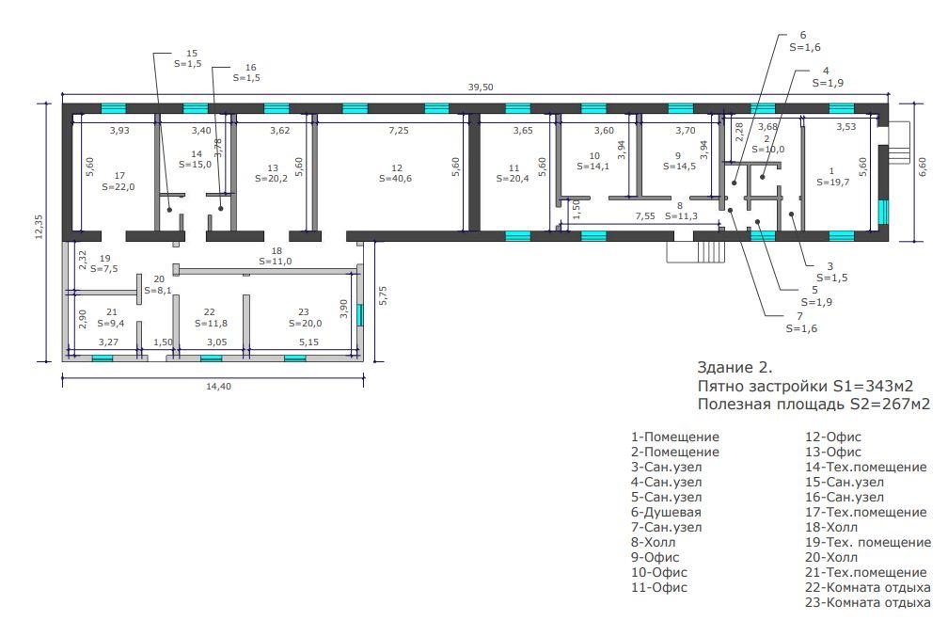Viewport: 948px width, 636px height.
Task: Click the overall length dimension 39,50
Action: [480, 87]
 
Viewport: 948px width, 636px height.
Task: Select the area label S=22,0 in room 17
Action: [118, 187]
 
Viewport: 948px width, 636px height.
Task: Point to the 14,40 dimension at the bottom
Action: [218, 387]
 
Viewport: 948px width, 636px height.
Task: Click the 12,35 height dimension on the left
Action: [39, 227]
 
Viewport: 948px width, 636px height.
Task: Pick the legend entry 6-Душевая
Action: [666, 512]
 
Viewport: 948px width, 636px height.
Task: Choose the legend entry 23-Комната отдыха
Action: [867, 602]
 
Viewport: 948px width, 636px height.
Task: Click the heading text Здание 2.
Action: [735, 367]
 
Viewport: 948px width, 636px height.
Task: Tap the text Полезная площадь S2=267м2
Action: [814, 404]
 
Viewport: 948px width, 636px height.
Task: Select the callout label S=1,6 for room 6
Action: [805, 47]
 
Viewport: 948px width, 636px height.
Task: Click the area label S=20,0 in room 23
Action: [306, 323]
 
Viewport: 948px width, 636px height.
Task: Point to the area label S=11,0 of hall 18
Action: [275, 262]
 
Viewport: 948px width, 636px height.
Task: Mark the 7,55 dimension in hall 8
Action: [644, 215]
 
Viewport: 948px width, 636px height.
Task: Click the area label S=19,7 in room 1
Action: [832, 182]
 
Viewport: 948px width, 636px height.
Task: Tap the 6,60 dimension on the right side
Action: [922, 167]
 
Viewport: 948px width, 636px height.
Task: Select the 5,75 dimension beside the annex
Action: [382, 295]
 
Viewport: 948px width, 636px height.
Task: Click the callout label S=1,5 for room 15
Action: [187, 63]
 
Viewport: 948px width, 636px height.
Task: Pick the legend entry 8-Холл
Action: [653, 542]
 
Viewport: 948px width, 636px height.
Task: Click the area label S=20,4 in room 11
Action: [513, 179]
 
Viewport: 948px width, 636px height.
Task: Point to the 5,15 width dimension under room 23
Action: [308, 342]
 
